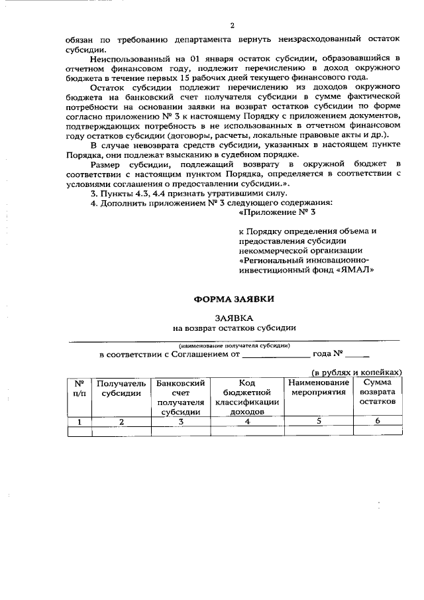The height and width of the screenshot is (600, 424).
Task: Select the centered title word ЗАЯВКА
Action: coord(233,318)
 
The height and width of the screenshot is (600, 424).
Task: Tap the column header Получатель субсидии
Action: coord(121,388)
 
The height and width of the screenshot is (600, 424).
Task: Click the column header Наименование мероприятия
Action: coord(319,388)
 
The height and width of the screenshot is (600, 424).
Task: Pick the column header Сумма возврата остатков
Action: coord(377,392)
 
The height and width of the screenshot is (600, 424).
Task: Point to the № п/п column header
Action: coord(79,388)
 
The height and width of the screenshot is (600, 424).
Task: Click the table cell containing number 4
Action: coord(246,421)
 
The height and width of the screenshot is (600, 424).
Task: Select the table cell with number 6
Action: coord(377,421)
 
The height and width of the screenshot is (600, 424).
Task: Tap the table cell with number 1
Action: coord(79,421)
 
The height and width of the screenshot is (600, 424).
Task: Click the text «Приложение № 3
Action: coord(277,213)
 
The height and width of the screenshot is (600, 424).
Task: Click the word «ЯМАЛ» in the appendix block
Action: coord(356,270)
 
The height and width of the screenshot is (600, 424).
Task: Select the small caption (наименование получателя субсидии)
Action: coord(234,345)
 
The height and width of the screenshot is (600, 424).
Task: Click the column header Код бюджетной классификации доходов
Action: coord(246,397)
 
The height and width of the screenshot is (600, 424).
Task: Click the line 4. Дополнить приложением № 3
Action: coord(211,203)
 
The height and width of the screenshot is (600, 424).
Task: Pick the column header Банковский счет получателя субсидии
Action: coord(180,397)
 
